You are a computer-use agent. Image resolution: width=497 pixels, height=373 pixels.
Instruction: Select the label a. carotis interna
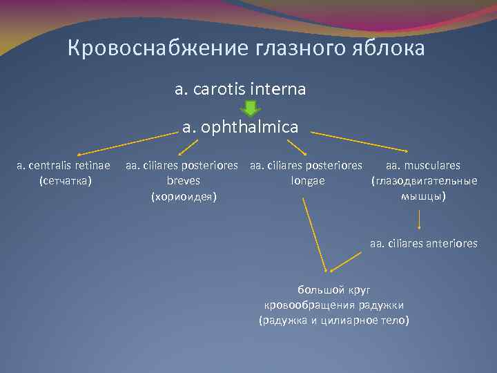pyautogui.click(x=240, y=90)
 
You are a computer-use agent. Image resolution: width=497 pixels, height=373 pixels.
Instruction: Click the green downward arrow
pyautogui.click(x=250, y=108)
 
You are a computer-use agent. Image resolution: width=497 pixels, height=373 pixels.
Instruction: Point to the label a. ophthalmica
pyautogui.click(x=240, y=126)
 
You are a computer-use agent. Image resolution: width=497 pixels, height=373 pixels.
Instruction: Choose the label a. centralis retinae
pyautogui.click(x=64, y=166)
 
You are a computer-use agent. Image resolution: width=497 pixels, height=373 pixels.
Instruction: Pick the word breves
pyautogui.click(x=184, y=181)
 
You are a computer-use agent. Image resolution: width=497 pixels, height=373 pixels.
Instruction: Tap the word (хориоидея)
pyautogui.click(x=184, y=197)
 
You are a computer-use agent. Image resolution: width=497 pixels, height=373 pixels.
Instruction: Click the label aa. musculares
pyautogui.click(x=423, y=166)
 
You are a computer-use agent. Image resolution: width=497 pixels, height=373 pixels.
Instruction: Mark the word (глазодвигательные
pyautogui.click(x=424, y=181)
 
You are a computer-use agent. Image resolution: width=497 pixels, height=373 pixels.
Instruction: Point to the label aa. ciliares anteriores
pyautogui.click(x=423, y=243)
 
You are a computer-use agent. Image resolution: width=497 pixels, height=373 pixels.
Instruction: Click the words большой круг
pyautogui.click(x=333, y=289)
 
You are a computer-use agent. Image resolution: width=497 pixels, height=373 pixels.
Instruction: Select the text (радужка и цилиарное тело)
pyautogui.click(x=333, y=320)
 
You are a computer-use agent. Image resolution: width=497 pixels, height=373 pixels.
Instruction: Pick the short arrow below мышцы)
pyautogui.click(x=420, y=220)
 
